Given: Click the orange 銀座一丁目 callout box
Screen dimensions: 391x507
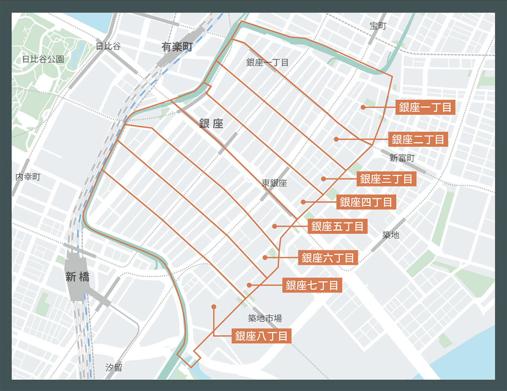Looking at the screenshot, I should pos(425,107).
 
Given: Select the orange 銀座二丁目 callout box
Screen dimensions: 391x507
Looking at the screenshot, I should pos(418,139).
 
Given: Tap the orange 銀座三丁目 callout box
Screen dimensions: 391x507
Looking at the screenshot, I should pos(387,179).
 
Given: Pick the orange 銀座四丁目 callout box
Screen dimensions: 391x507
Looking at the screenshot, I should pos(366,202).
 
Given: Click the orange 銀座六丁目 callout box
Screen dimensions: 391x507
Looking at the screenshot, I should pos(328,257).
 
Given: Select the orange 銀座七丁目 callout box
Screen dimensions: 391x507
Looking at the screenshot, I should pos(312,286).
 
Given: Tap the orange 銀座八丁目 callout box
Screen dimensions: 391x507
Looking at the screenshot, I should pos(262,336).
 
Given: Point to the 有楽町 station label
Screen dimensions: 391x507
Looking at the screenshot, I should pos(177,47).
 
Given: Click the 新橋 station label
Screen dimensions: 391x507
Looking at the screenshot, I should pos(77,277).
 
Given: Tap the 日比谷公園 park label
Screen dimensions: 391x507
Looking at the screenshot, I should pos(43,59).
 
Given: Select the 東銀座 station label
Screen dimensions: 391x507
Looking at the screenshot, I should pos(274,183).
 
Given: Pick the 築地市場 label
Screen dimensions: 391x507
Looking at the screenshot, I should pos(265,318).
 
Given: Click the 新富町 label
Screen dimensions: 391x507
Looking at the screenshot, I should pos(402,158).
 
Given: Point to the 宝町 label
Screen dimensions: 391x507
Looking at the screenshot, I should pos(378,26).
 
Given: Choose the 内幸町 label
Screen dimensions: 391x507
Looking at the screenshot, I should pos(28,177).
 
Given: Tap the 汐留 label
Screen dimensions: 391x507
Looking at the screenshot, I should pos(114,367).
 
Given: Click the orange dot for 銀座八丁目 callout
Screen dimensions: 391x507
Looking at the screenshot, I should pos(214,306).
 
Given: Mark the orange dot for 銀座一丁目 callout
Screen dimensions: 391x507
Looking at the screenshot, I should pos(363,107).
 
